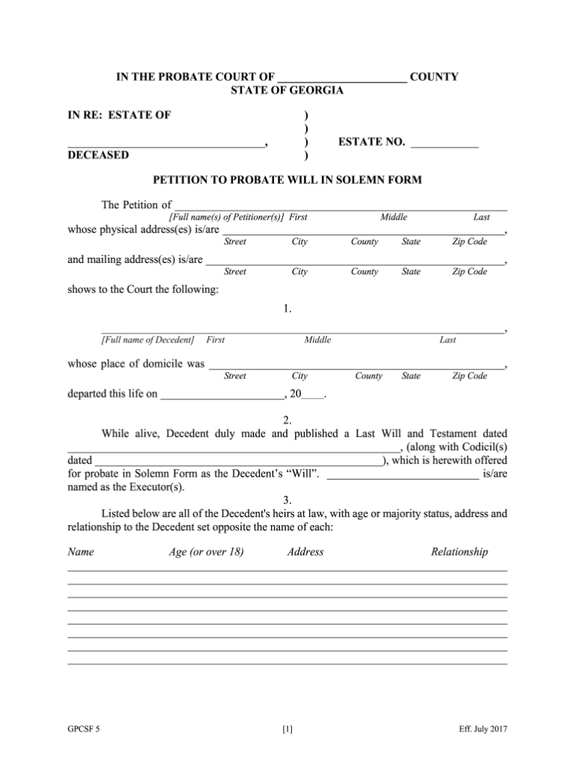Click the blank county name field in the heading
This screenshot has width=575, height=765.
click(x=342, y=78)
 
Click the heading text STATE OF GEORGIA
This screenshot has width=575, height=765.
click(x=287, y=91)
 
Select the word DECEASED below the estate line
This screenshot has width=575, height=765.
click(x=98, y=155)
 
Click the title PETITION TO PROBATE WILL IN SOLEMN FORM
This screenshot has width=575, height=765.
click(x=287, y=180)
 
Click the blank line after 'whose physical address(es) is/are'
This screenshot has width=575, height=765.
click(x=363, y=232)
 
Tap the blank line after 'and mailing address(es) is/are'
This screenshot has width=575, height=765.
click(x=356, y=261)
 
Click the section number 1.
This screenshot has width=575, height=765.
click(x=287, y=308)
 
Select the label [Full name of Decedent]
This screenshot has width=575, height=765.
click(x=147, y=340)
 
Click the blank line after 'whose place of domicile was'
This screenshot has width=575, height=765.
click(x=356, y=366)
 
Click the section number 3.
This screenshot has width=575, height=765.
click(x=287, y=500)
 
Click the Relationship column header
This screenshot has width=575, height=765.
click(x=459, y=552)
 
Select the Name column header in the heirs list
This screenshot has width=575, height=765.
click(x=81, y=552)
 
